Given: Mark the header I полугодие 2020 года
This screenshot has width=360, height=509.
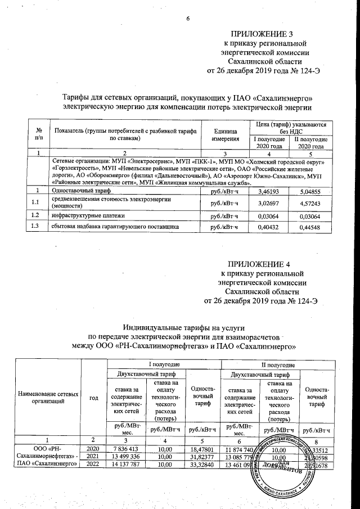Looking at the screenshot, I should (x=267, y=143).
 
